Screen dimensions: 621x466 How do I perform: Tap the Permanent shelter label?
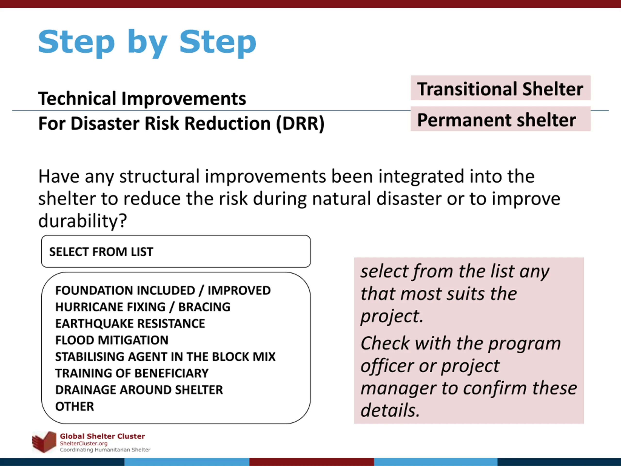496,120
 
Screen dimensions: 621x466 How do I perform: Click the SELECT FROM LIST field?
176,251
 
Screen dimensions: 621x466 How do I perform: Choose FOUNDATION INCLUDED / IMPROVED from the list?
163,291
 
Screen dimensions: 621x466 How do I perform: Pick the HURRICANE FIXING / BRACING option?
143,307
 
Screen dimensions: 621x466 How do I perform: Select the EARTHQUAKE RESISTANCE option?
130,324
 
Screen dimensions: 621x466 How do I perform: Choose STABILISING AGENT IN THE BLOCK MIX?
165,357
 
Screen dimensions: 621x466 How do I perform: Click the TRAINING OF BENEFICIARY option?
132,373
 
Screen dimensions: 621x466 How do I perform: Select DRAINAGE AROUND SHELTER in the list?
139,390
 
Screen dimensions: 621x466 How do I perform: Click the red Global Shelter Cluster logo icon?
44,442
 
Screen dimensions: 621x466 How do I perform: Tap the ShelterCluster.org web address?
84,443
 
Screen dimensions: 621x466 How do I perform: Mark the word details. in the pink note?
390,410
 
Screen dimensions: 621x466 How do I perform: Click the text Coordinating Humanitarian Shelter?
105,450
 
